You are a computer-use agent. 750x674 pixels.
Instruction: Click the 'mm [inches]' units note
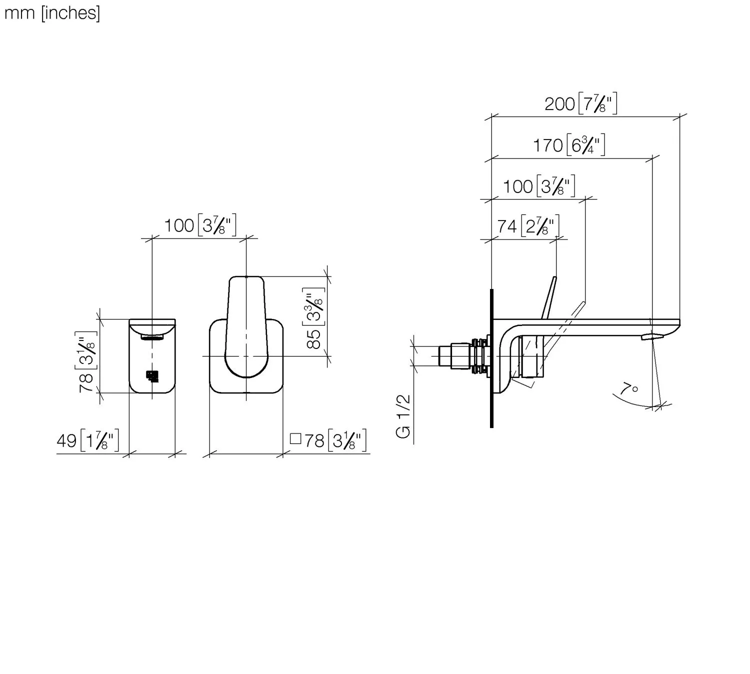[x=52, y=13]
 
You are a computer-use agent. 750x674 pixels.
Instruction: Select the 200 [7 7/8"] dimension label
[x=580, y=104]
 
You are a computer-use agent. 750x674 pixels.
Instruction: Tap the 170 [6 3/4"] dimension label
[x=569, y=145]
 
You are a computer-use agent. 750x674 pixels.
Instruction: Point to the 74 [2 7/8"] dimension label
[x=528, y=226]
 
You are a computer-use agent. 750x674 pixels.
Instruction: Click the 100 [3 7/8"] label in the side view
[x=539, y=186]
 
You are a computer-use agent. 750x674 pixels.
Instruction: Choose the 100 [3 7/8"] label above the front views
[x=200, y=225]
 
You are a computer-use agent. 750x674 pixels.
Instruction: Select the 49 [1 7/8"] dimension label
[x=88, y=441]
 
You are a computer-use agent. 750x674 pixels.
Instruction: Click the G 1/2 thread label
[x=403, y=416]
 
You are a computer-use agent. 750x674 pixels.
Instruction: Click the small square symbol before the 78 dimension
[x=295, y=439]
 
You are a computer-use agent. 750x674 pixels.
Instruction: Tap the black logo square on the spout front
[x=152, y=375]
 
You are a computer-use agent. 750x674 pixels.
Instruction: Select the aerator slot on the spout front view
[x=152, y=337]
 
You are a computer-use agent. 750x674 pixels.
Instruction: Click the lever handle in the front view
[x=245, y=325]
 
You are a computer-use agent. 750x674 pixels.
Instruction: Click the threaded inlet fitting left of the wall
[x=462, y=355]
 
